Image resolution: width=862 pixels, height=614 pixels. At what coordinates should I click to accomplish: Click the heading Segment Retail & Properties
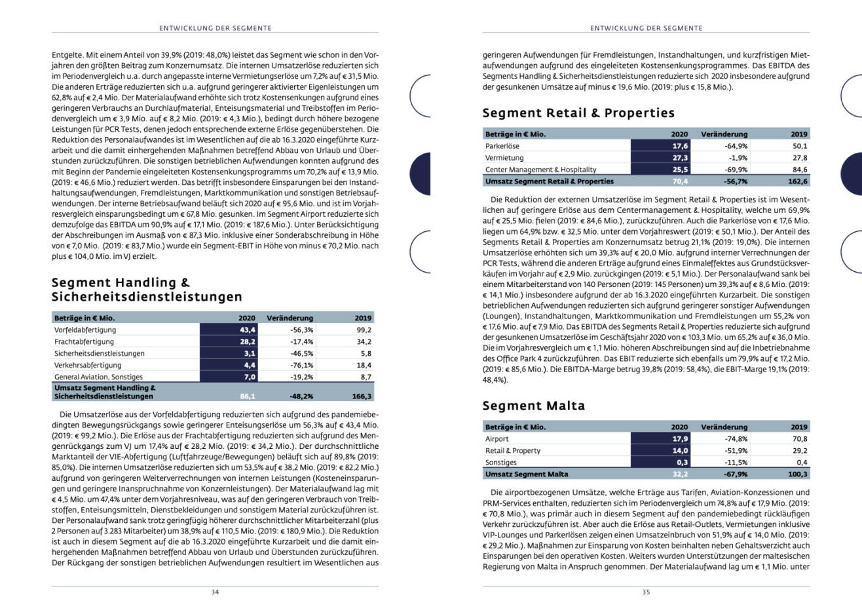click(x=578, y=113)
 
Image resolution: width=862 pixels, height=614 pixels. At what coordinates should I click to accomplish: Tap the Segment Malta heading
click(x=534, y=406)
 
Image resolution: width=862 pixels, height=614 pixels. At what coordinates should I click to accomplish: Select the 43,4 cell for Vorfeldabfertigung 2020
click(x=247, y=330)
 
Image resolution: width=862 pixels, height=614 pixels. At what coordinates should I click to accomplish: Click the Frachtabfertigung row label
click(x=84, y=341)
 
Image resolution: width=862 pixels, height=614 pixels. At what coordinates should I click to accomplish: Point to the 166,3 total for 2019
click(x=361, y=396)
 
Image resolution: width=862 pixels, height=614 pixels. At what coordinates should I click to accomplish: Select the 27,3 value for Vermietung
click(x=679, y=158)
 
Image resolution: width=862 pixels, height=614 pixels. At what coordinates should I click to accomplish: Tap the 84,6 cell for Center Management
click(x=798, y=170)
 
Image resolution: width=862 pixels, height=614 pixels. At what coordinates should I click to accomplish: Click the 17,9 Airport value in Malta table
click(x=679, y=439)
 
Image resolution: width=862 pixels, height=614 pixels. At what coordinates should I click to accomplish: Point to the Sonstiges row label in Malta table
click(x=502, y=463)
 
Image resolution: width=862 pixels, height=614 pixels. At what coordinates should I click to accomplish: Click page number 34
click(x=215, y=592)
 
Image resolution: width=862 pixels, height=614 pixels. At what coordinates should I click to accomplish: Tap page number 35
click(x=646, y=592)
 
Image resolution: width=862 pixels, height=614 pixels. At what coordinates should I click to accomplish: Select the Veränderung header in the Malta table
click(x=724, y=427)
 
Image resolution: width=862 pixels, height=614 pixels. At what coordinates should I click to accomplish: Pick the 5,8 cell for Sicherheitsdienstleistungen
click(x=365, y=353)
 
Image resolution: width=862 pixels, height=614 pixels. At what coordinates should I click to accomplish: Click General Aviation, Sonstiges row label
click(x=98, y=377)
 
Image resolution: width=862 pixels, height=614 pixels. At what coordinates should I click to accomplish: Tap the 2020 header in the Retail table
click(x=679, y=134)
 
